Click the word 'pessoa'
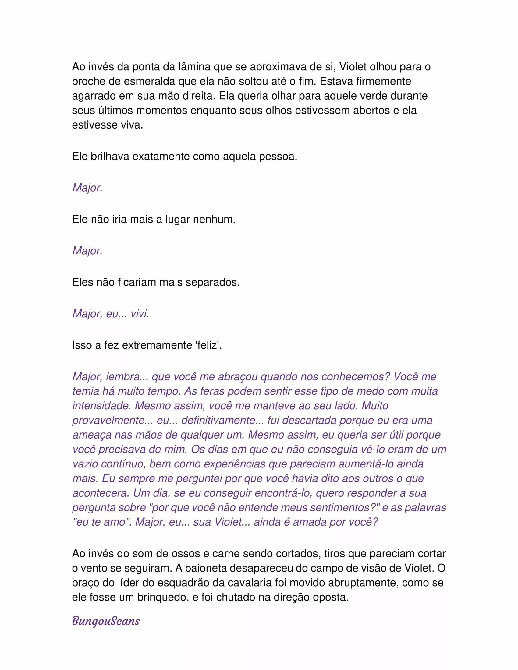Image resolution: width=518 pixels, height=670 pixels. pos(278,157)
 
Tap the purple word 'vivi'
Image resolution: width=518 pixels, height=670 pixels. pos(140,313)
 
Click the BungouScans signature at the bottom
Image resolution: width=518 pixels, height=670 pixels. pos(106,621)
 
